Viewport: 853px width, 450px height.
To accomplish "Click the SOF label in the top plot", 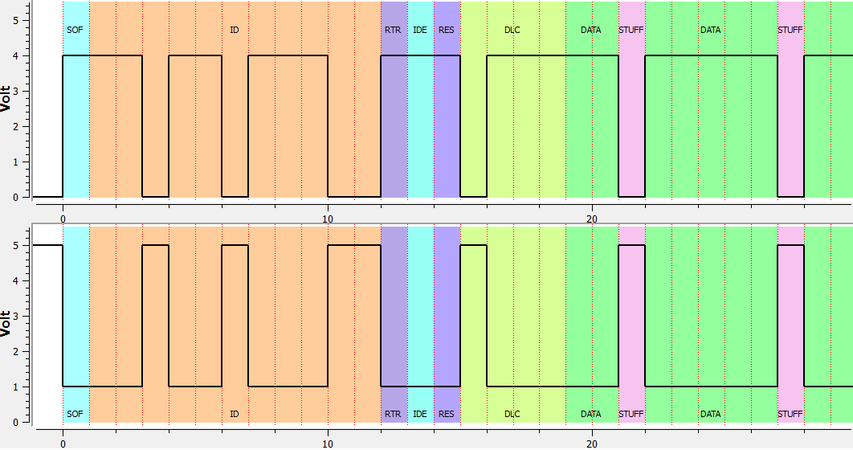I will [x=75, y=31].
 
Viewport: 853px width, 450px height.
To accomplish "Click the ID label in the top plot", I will [x=235, y=31].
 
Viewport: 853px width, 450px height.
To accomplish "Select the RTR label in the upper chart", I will [x=393, y=31].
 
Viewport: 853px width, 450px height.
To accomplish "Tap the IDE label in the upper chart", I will [x=420, y=31].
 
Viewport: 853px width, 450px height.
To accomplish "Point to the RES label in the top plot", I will [x=447, y=31].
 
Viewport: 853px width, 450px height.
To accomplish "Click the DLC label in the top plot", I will [x=512, y=31].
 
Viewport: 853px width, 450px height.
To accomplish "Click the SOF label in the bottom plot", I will [x=75, y=415].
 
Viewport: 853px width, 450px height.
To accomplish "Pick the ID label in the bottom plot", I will [x=235, y=415].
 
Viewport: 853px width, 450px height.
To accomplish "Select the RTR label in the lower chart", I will [x=393, y=415].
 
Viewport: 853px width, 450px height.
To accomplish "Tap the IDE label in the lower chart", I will [x=420, y=415].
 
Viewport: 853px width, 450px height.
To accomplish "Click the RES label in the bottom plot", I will [x=447, y=415].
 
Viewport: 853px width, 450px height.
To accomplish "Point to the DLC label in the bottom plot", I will [x=512, y=415].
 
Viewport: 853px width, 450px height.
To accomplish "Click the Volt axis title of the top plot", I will [x=6, y=99].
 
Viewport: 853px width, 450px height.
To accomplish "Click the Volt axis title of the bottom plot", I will [x=6, y=323].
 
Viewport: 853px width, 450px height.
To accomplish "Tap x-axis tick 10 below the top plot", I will [x=328, y=217].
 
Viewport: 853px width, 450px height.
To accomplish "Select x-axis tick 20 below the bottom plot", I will [x=592, y=443].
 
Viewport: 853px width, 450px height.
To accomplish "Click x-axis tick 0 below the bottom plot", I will [x=63, y=443].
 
